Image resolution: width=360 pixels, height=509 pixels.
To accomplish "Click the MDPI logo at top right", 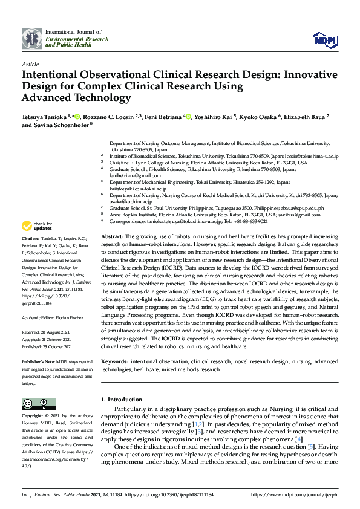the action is point(324,39).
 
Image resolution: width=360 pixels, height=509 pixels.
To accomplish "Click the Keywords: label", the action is point(114,361).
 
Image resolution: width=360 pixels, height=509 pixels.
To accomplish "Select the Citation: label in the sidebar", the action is point(31,239).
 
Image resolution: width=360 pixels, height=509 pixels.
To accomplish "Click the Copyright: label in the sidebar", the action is point(33,417).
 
